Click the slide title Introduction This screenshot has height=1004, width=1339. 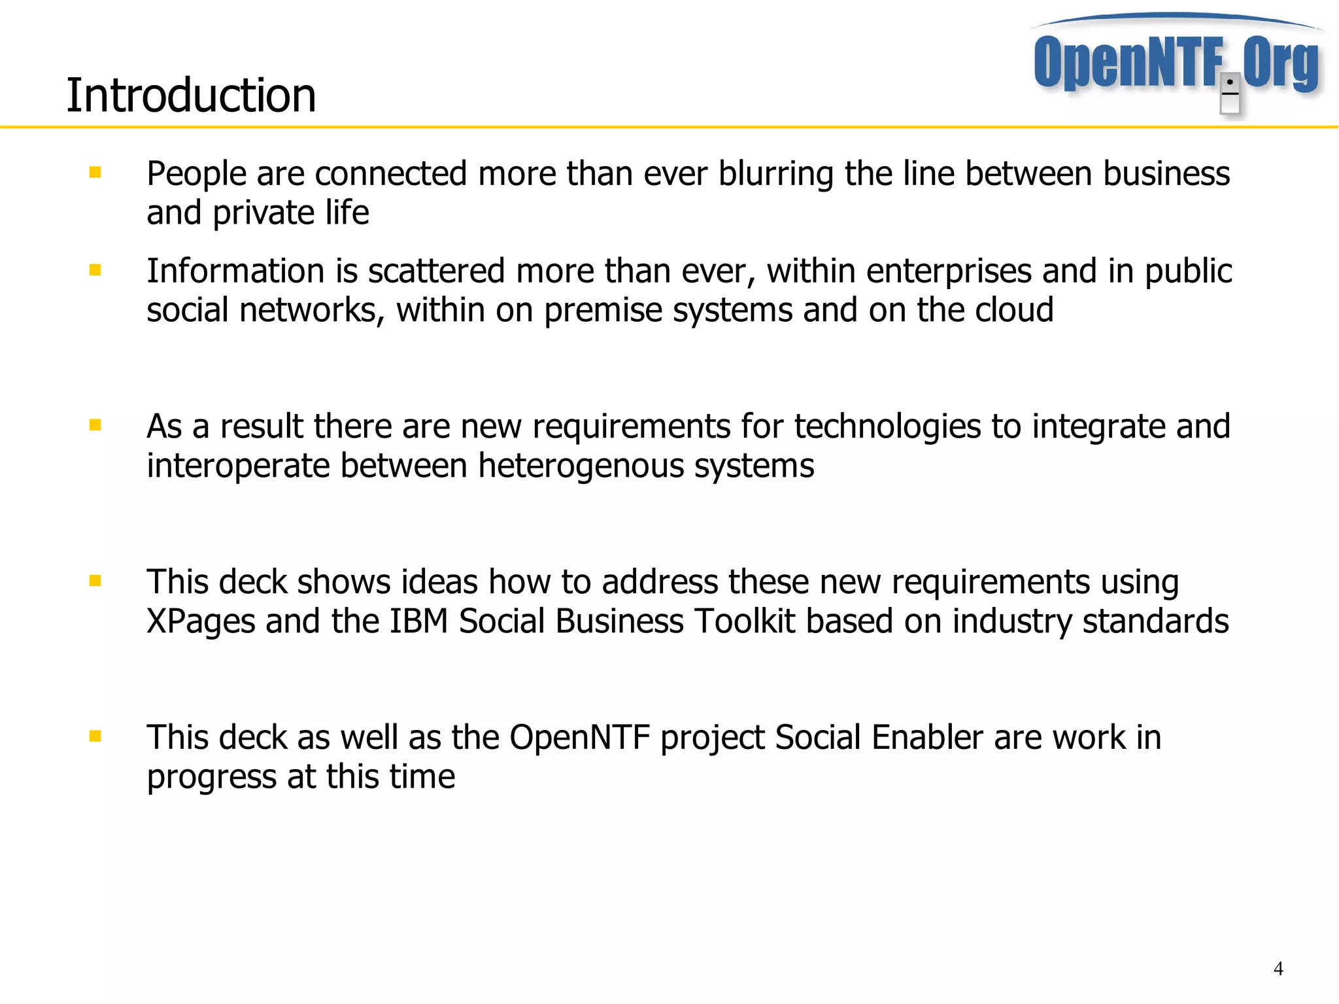(x=191, y=95)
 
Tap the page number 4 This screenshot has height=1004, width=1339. (x=1278, y=969)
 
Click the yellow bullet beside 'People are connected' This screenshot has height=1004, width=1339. (x=95, y=173)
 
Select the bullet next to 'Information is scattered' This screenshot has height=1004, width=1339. (x=95, y=269)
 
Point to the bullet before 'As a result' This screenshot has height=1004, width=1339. (x=95, y=425)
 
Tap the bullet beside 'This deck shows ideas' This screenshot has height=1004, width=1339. (x=95, y=581)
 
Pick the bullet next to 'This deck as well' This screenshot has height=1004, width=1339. (x=95, y=736)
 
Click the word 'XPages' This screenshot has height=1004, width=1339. (x=201, y=622)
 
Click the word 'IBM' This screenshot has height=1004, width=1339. (x=418, y=621)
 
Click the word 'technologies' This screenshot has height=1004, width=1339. (x=887, y=427)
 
